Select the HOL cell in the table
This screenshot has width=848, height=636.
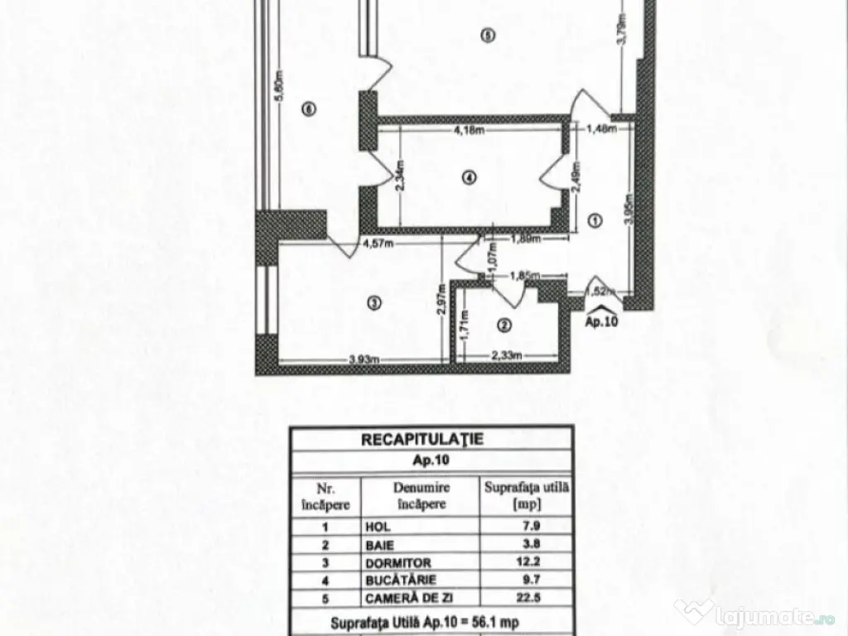click(377, 526)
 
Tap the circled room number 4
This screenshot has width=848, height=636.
click(469, 176)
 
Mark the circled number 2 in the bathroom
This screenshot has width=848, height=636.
click(503, 325)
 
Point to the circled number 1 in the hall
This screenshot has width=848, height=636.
click(595, 219)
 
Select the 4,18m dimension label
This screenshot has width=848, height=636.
click(469, 129)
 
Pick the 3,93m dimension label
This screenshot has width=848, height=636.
click(363, 359)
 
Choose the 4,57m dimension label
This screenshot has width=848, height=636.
click(378, 243)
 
